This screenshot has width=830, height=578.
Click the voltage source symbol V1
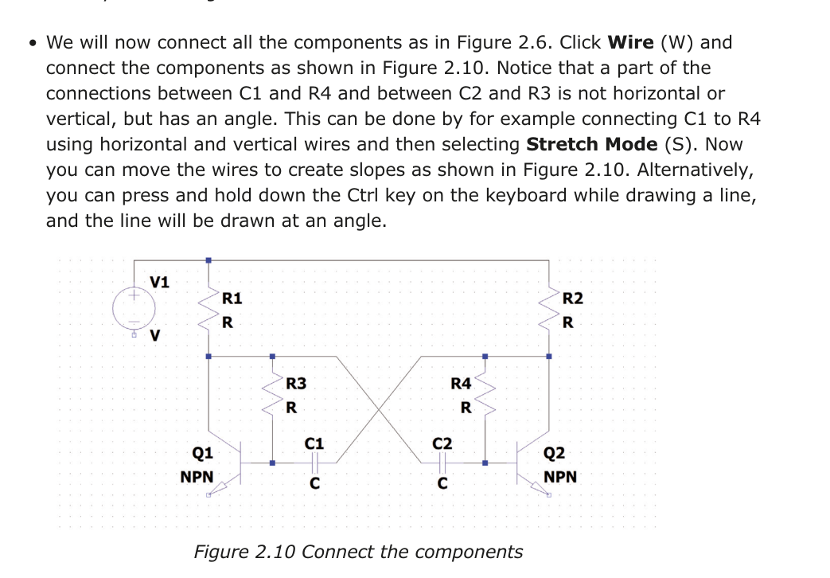point(132,307)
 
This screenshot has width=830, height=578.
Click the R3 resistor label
point(295,384)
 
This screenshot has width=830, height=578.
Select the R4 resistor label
point(461,384)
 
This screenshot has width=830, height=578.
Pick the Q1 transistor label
point(202,453)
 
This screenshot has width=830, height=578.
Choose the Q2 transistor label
point(554,454)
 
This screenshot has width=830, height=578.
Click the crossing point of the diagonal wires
point(378,408)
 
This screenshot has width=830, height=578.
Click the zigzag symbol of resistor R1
point(208,309)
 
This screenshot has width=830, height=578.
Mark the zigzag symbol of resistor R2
point(549,309)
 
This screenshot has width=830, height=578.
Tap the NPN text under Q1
point(197,478)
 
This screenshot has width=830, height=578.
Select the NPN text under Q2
point(560,478)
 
